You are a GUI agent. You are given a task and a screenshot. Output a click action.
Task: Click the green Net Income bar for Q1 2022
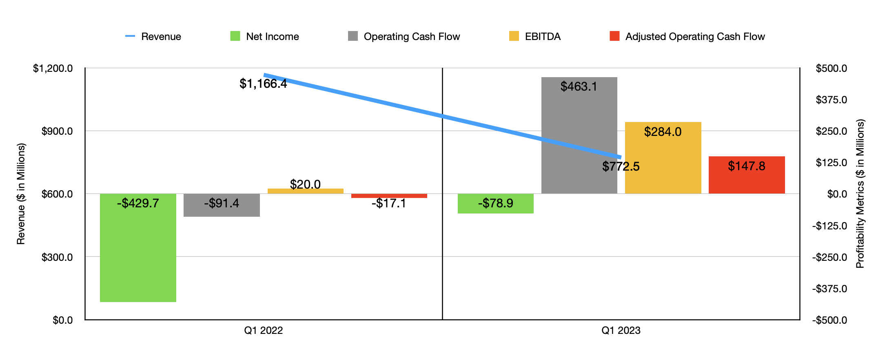(138, 253)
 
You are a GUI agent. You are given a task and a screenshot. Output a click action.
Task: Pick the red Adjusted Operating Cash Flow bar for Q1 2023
(747, 180)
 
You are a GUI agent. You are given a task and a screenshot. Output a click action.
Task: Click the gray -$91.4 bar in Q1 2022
(222, 210)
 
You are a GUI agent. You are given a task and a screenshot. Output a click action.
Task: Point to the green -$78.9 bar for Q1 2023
(495, 208)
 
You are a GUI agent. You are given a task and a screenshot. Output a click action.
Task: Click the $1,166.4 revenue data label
(263, 84)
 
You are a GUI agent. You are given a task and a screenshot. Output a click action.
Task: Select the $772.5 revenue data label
(621, 167)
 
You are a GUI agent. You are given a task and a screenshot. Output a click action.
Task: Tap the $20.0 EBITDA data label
(305, 184)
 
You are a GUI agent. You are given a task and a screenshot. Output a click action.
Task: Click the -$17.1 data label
(388, 203)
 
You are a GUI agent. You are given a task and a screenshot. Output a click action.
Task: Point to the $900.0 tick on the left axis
(57, 131)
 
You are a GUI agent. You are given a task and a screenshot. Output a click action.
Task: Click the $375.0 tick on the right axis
(831, 100)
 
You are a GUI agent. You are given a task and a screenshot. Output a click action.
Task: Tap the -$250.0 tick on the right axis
(829, 257)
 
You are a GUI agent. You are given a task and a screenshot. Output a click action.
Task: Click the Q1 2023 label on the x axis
(621, 330)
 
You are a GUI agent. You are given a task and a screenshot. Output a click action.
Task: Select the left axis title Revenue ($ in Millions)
(21, 194)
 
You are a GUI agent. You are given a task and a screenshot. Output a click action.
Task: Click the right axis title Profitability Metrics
(860, 194)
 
